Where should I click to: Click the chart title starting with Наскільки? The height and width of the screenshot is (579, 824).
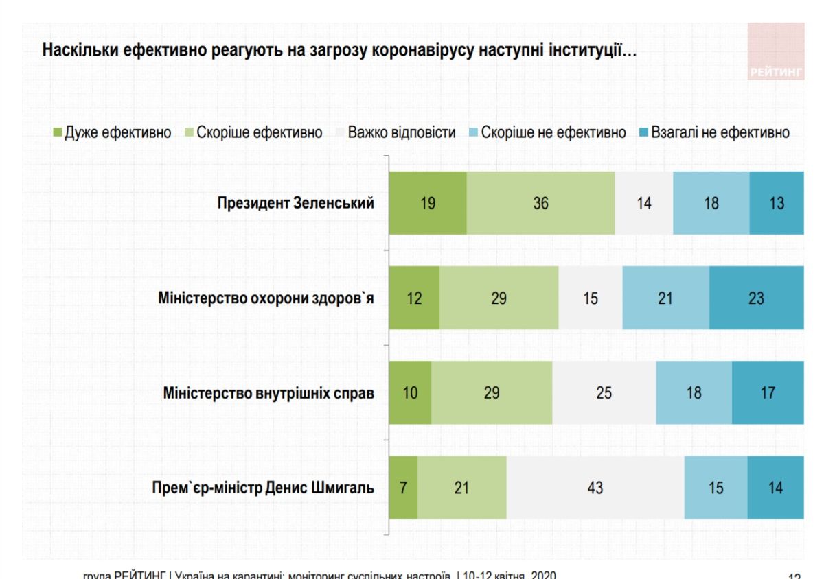coord(339,51)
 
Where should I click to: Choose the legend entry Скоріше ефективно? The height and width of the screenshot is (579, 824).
coord(253,132)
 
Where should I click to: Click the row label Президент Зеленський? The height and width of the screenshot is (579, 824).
coord(295,204)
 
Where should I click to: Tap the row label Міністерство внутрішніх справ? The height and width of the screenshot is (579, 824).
coord(268,393)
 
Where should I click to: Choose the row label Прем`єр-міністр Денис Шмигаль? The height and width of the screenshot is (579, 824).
coord(263,488)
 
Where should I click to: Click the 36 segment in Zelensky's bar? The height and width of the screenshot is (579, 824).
coord(540,204)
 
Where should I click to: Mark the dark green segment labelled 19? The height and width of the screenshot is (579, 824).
coord(427,204)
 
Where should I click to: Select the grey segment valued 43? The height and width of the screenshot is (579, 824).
coord(595,488)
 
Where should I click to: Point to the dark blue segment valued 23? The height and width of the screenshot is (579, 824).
coord(756,298)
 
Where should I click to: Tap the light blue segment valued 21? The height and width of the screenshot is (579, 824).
coord(665,298)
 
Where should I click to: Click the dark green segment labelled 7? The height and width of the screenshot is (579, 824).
coord(403,488)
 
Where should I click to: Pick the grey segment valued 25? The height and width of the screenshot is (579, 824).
coord(604,393)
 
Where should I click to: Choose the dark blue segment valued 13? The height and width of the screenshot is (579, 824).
coord(776,204)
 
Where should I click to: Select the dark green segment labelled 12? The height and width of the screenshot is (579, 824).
coord(414,298)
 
